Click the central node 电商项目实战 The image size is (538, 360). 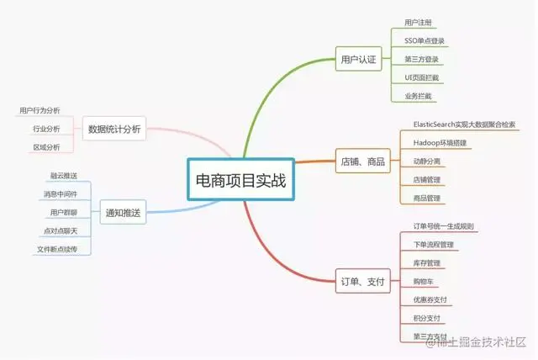tap(240, 179)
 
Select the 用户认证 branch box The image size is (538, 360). tap(359, 59)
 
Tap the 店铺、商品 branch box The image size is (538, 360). tap(363, 160)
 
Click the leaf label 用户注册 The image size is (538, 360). tap(418, 22)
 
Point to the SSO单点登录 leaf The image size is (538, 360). tap(425, 40)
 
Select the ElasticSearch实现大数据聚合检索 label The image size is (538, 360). tap(464, 124)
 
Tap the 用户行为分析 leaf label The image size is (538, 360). tap(40, 110)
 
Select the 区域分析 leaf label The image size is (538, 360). tap(46, 147)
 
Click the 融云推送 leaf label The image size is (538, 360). tap(64, 176)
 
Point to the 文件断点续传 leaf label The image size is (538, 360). tap(57, 250)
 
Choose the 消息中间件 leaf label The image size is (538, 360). tap(61, 194)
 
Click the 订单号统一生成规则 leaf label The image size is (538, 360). tap(444, 225)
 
